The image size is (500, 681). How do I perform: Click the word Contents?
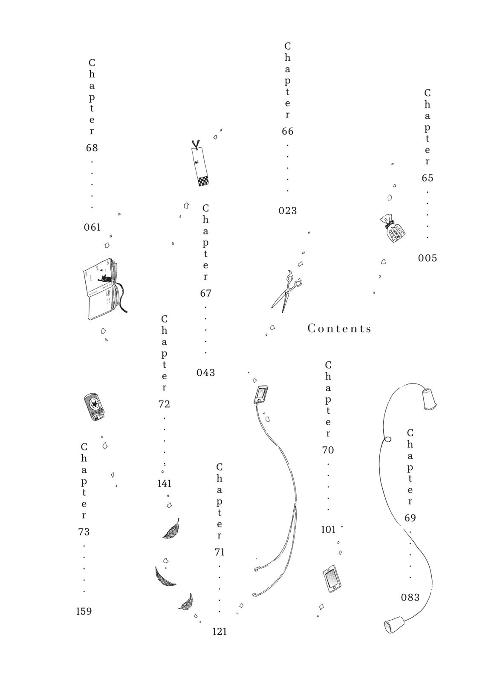[x=339, y=329]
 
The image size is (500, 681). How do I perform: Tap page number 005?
[x=427, y=258]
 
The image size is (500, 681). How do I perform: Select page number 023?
[x=288, y=211]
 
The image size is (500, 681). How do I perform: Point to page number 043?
[x=205, y=373]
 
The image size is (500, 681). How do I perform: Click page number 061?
[x=92, y=227]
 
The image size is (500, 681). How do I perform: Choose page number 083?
[x=410, y=598]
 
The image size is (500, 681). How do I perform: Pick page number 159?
[x=84, y=612]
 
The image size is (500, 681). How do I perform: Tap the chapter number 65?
[x=428, y=178]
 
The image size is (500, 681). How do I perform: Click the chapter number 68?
[x=92, y=148]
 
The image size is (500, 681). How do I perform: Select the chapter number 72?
[x=164, y=404]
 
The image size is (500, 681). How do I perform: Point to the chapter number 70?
[x=328, y=450]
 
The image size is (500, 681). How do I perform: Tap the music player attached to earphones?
[x=260, y=394]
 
